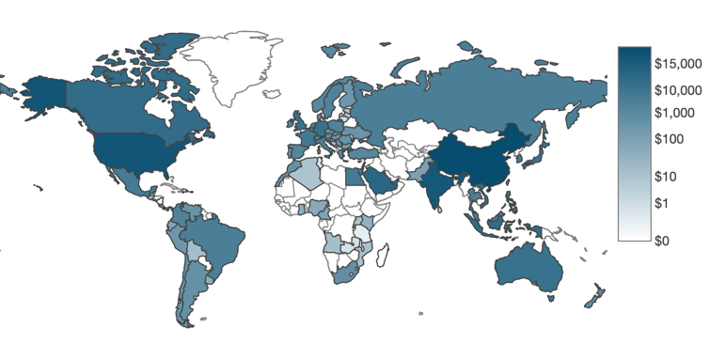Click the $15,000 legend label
click(x=678, y=66)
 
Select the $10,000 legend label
click(x=678, y=91)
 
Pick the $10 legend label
click(x=669, y=177)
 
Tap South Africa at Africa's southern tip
click(x=344, y=274)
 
